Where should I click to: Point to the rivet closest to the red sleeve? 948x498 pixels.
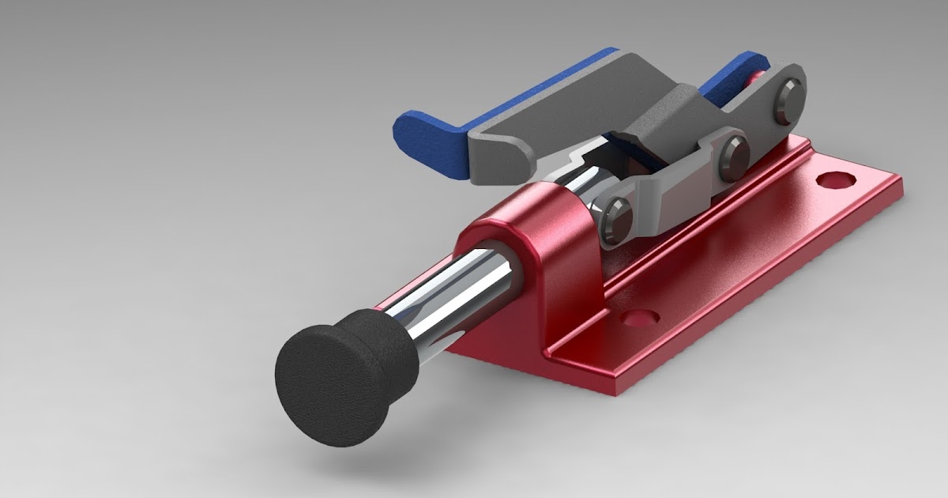[614, 217]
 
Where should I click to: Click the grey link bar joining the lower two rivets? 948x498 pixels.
[671, 190]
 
